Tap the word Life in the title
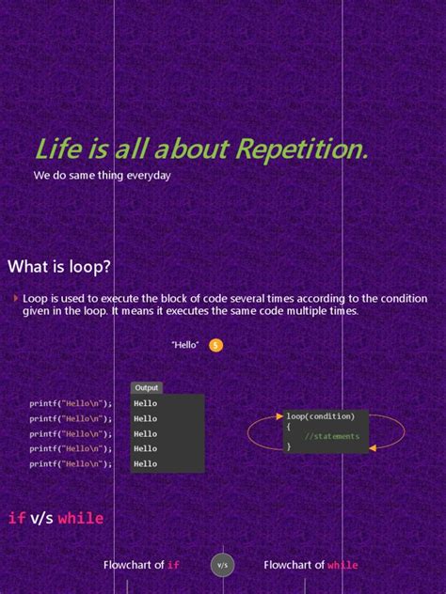point(56,149)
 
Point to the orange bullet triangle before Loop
point(16,298)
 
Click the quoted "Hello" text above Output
point(185,345)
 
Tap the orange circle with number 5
point(215,345)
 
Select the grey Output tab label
point(147,387)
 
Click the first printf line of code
point(71,404)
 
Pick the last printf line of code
point(71,464)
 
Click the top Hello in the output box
point(146,404)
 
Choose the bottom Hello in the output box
point(146,464)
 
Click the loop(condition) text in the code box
point(321,416)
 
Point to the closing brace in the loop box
point(289,447)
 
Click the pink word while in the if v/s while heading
point(81,518)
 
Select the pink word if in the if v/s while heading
point(17,518)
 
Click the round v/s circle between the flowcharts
point(222,565)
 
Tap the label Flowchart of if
point(141,565)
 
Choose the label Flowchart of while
point(311,565)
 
